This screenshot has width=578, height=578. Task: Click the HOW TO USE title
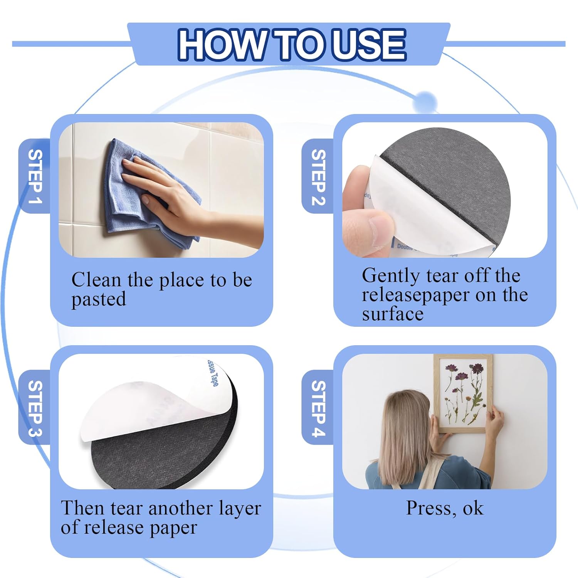coord(291,45)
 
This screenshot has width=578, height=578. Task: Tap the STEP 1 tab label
coord(35,176)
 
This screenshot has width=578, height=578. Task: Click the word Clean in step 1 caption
coord(96,280)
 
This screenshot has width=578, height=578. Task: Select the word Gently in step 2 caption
coord(391,276)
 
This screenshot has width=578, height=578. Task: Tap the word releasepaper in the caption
coord(416,296)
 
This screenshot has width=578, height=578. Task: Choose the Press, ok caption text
coord(445,508)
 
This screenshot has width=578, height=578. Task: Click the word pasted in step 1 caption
coord(99,300)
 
